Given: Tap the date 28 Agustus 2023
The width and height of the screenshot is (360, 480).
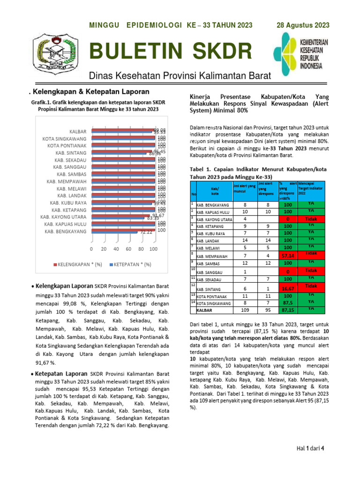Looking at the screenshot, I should point(303,25).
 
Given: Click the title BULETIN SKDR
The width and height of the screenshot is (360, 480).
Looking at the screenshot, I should point(170,52).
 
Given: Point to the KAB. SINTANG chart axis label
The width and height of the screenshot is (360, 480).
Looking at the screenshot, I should point(71,153).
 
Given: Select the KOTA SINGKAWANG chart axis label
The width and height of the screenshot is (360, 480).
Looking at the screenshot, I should point(64,139).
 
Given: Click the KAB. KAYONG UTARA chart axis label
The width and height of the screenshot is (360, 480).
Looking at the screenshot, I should point(63,217).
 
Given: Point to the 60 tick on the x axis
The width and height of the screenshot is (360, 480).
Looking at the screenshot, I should point(128,249).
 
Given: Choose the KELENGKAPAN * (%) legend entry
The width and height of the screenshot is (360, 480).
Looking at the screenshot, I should point(77,265).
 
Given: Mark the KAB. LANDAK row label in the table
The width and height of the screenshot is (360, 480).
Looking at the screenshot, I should point(210,240).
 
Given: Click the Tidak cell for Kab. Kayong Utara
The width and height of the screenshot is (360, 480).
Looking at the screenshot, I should point(311,218).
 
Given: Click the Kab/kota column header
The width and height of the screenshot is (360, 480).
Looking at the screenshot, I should point(215,191).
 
